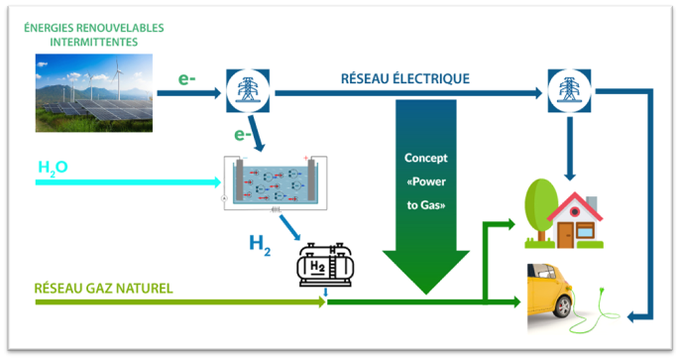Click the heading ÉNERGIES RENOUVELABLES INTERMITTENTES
point(93,35)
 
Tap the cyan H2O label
point(53,168)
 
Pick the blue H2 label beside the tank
point(261,242)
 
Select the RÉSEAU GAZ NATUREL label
point(103,289)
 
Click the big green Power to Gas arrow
point(427,198)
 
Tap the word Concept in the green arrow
point(427,158)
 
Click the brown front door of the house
point(567,235)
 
